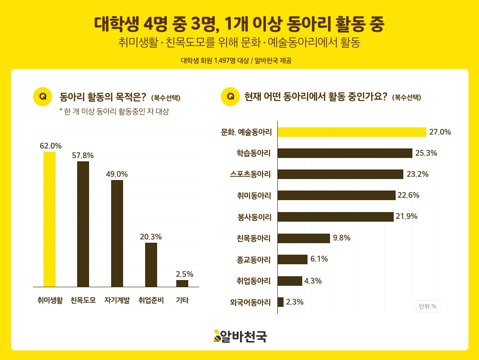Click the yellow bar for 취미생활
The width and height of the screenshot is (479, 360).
(x=49, y=219)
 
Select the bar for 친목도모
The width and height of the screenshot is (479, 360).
(x=83, y=224)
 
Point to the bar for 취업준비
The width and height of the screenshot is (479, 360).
(x=151, y=265)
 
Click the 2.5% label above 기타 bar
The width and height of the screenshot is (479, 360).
(x=184, y=274)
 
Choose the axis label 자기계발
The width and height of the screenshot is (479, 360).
(x=117, y=301)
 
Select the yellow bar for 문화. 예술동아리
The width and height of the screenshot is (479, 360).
(x=352, y=132)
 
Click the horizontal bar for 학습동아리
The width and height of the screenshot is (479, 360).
(x=345, y=153)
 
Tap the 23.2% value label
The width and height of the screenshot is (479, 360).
(x=417, y=174)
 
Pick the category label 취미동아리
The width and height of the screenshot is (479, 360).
(x=254, y=195)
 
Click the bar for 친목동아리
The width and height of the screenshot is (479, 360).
(x=304, y=238)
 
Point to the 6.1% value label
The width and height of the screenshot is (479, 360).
(x=319, y=259)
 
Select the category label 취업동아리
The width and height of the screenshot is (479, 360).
(x=254, y=281)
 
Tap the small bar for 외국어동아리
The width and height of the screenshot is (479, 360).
(x=281, y=302)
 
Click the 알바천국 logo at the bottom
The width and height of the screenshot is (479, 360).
(x=240, y=336)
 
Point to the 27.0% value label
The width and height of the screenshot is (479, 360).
(x=440, y=132)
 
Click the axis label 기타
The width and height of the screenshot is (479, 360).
(x=182, y=301)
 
